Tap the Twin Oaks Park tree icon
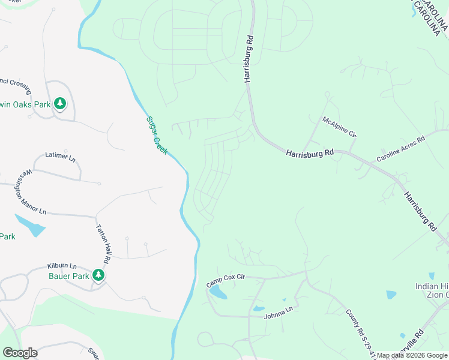pyautogui.click(x=59, y=104)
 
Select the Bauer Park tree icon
pyautogui.click(x=98, y=275)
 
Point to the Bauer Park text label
pyautogui.click(x=68, y=276)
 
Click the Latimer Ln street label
pyautogui.click(x=61, y=157)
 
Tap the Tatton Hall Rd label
pyautogui.click(x=104, y=245)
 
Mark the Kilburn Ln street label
pyautogui.click(x=62, y=266)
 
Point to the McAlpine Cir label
pyautogui.click(x=339, y=127)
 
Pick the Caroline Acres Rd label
pyautogui.click(x=400, y=149)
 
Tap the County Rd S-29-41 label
pyautogui.click(x=360, y=332)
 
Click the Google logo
pyautogui.click(x=20, y=353)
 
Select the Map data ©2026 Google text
pyautogui.click(x=412, y=355)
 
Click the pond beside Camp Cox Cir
pyautogui.click(x=217, y=293)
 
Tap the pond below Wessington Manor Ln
pyautogui.click(x=31, y=226)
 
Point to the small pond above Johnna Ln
pyautogui.click(x=259, y=308)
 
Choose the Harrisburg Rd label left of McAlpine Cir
pyautogui.click(x=309, y=154)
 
